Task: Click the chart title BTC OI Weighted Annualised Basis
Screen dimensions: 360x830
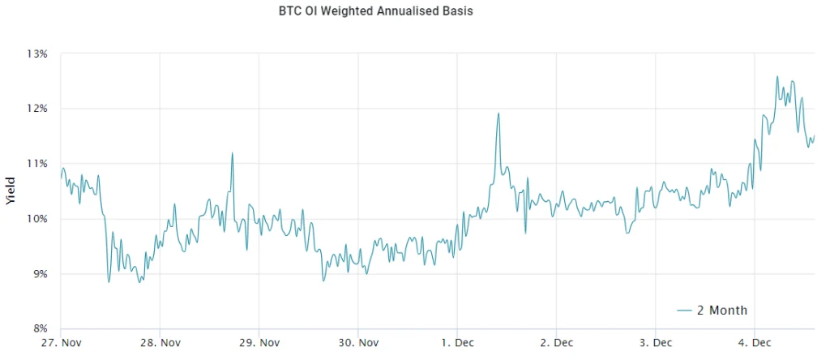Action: pos(375,12)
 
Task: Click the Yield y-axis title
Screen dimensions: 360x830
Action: pos(11,191)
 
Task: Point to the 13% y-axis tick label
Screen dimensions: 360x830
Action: pos(37,54)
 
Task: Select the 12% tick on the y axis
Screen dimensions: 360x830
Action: pos(37,109)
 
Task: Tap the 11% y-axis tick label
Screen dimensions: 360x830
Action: pos(37,164)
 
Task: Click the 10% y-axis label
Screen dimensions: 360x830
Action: pos(37,219)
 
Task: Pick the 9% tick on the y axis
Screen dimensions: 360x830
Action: pos(39,274)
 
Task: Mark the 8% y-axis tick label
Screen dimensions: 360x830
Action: pos(39,328)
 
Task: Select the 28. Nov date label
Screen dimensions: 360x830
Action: pos(160,344)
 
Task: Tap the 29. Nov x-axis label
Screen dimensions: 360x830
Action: pos(259,344)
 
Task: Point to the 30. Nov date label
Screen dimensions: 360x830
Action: pos(357,344)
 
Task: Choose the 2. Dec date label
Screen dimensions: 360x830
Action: pos(556,344)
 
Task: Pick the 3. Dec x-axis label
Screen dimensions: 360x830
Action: pos(655,344)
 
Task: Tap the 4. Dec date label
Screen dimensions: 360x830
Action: pos(754,344)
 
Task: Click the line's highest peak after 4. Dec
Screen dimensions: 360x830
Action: pos(777,77)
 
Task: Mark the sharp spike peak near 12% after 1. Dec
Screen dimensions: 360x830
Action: pos(498,114)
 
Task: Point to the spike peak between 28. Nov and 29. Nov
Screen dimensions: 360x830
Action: pos(233,152)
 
